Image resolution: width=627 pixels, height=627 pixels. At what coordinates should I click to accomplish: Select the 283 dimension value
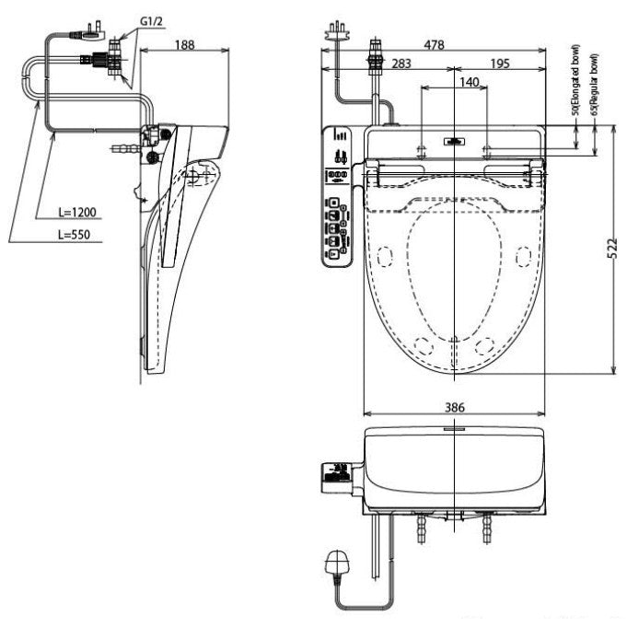point(401,63)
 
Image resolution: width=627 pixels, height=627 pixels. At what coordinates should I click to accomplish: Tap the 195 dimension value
point(500,63)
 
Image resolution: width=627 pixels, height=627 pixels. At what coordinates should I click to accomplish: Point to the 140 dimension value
point(468,82)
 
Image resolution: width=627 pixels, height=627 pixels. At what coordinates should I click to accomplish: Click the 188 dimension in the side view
point(184,44)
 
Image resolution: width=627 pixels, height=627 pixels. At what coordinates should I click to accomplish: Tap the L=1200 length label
point(76,211)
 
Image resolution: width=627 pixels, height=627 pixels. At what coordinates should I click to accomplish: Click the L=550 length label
point(76,236)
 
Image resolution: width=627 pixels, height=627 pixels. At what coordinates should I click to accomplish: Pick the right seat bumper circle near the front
point(483,346)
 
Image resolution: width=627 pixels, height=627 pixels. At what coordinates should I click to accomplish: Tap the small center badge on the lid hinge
point(453,142)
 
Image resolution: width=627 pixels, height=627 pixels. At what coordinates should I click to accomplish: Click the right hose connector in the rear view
point(489,528)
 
